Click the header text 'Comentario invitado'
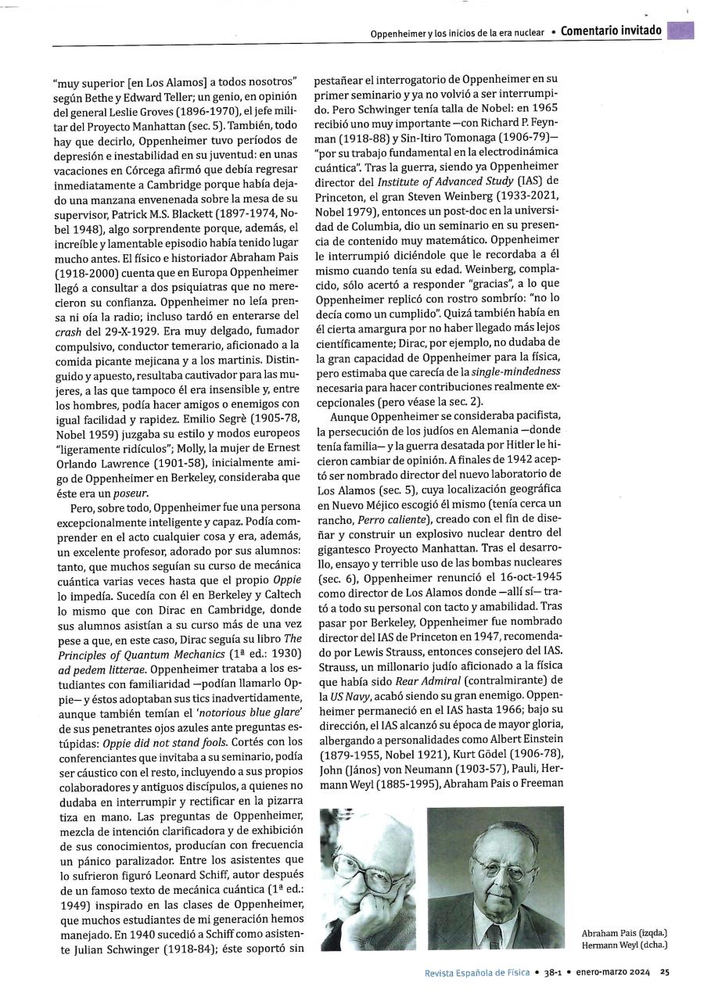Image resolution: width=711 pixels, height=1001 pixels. tap(612, 31)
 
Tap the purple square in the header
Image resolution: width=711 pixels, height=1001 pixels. tap(681, 30)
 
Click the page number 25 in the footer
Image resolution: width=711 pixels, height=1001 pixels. tap(664, 972)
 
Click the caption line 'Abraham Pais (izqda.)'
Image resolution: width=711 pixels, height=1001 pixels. tap(624, 933)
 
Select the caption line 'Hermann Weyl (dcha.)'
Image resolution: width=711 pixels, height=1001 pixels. tap(624, 945)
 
